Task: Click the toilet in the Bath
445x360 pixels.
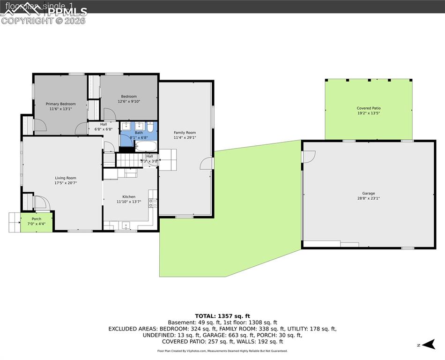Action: click(150, 127)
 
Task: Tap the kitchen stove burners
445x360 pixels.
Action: click(153, 203)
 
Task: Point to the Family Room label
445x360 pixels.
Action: click(185, 133)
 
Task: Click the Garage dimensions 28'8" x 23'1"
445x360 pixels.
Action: click(368, 198)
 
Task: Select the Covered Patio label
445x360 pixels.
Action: click(368, 108)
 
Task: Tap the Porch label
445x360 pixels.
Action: click(36, 219)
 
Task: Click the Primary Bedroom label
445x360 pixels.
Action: click(60, 104)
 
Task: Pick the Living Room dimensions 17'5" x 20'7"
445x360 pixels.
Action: click(65, 183)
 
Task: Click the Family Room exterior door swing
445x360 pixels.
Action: click(206, 164)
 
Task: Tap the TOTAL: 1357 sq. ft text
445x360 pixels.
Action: click(222, 315)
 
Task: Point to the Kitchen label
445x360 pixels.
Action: click(129, 197)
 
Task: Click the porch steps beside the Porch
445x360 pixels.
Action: click(14, 222)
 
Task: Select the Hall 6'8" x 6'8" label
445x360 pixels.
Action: click(103, 124)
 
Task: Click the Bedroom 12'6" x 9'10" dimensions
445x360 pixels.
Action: click(129, 101)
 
